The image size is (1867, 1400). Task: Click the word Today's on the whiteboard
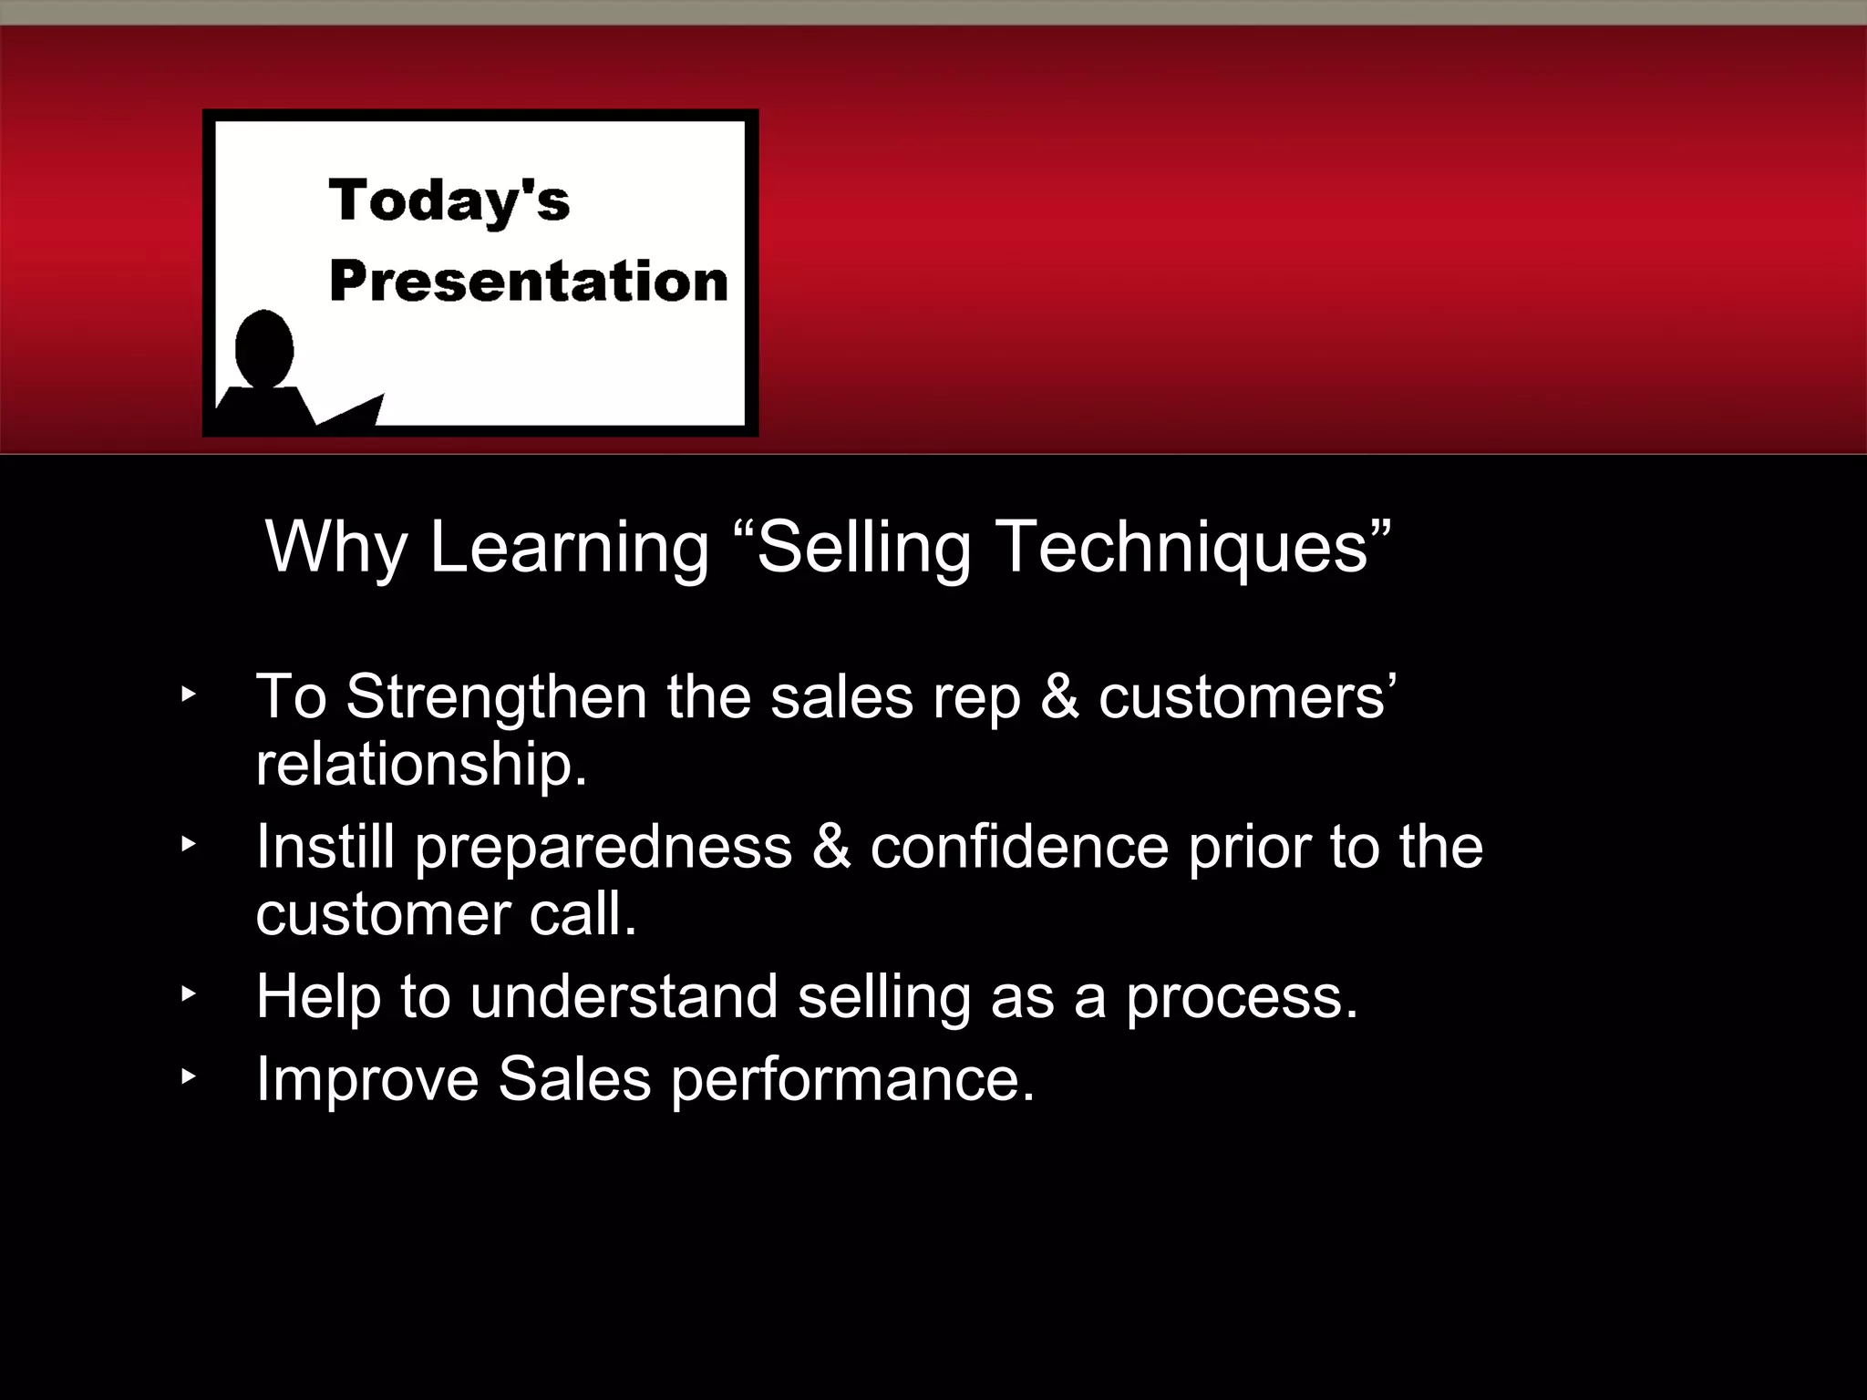[449, 201]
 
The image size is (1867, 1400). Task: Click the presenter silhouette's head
[264, 349]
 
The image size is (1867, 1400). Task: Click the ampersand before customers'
[1058, 697]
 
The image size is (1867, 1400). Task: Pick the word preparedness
[603, 849]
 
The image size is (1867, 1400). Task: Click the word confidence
[1018, 847]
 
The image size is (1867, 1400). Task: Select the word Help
[317, 996]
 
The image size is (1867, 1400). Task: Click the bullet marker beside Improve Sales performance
[188, 1076]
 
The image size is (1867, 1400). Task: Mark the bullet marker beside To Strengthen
[188, 695]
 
